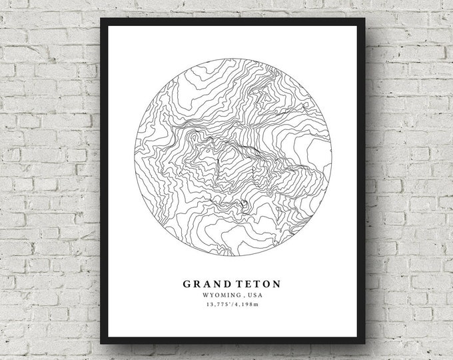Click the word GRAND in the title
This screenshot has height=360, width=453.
207,283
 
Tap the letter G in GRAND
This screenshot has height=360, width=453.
188,283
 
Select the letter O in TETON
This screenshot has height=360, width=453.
266,283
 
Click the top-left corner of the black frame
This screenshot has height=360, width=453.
101,19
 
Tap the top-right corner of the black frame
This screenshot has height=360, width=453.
366,19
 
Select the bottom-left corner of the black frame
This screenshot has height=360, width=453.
101,343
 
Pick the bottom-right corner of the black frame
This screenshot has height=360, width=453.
366,343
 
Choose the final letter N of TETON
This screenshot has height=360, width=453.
276,283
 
